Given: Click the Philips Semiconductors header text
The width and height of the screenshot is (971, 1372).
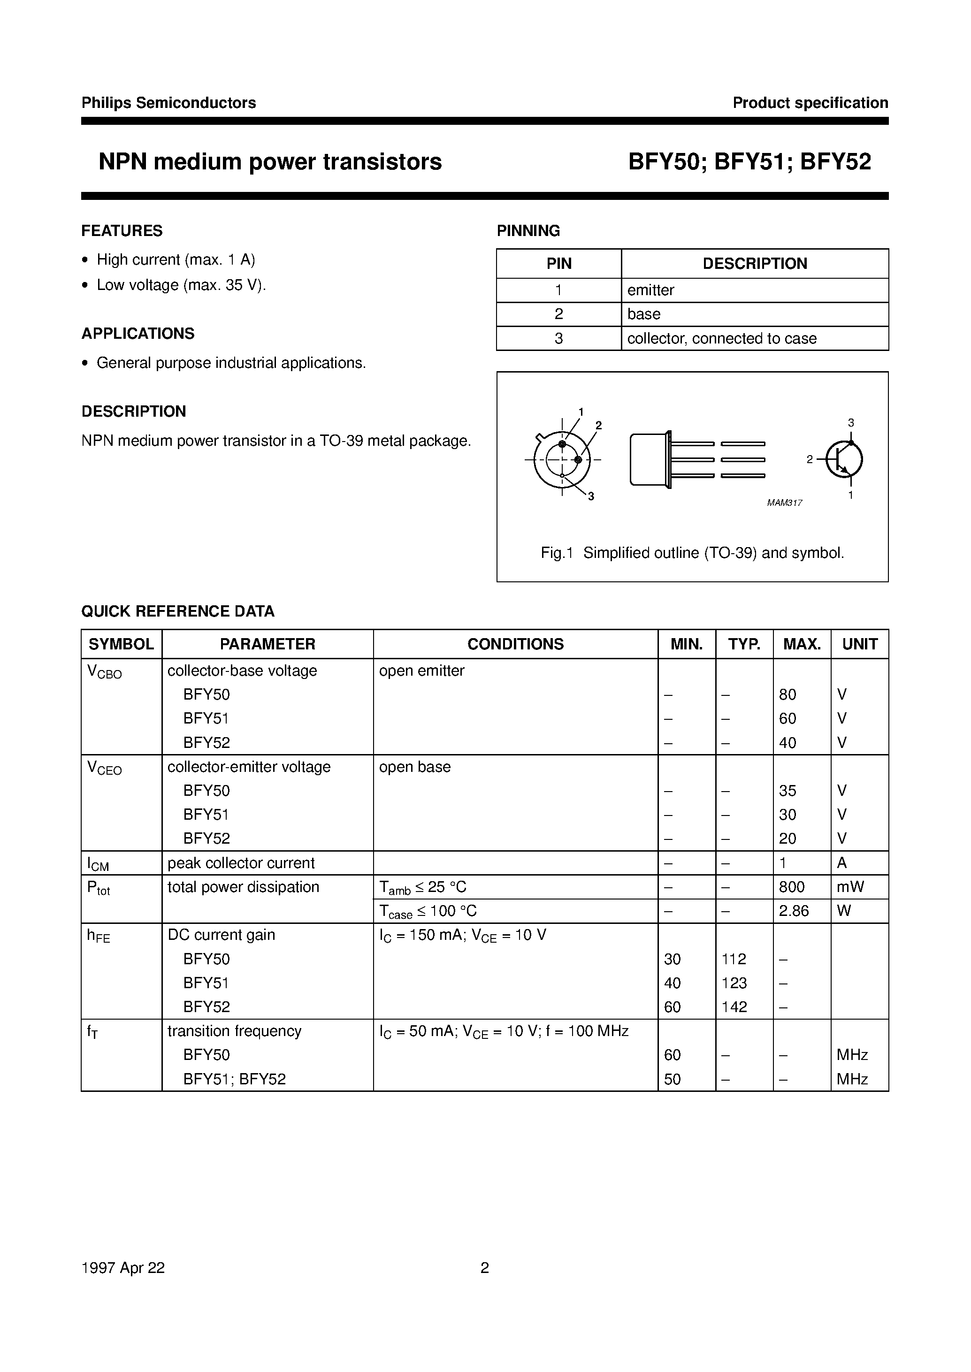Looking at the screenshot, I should coord(168,103).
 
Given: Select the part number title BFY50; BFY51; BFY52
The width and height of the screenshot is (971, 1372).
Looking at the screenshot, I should coord(749,162).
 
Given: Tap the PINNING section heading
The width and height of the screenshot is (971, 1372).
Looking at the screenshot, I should coord(528,231).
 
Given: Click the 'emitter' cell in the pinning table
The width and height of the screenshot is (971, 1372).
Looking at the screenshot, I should coord(650,290).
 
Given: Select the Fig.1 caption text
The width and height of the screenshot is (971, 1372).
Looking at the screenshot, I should coord(692,553).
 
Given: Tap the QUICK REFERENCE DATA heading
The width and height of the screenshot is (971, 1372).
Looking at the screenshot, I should coord(177,611).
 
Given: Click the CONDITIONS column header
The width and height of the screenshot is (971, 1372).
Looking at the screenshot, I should coord(515,644).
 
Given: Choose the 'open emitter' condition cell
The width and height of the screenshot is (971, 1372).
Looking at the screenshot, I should coord(421,671).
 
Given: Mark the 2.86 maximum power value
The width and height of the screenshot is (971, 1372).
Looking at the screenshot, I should coord(794,911).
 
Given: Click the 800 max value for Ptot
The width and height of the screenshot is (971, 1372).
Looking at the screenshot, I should coord(792,887).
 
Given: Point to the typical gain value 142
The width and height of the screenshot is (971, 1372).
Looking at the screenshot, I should coord(734,1007).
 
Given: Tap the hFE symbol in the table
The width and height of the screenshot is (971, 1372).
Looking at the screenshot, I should coord(99,936).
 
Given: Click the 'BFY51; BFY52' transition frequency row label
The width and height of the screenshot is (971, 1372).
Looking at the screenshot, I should coord(234,1079).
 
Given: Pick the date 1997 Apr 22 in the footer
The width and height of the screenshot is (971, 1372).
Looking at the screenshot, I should coord(122,1268).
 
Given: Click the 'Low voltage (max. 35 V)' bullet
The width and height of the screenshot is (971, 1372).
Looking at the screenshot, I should coord(181,285).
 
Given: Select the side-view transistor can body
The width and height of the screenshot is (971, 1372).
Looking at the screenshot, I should coord(648,459).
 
